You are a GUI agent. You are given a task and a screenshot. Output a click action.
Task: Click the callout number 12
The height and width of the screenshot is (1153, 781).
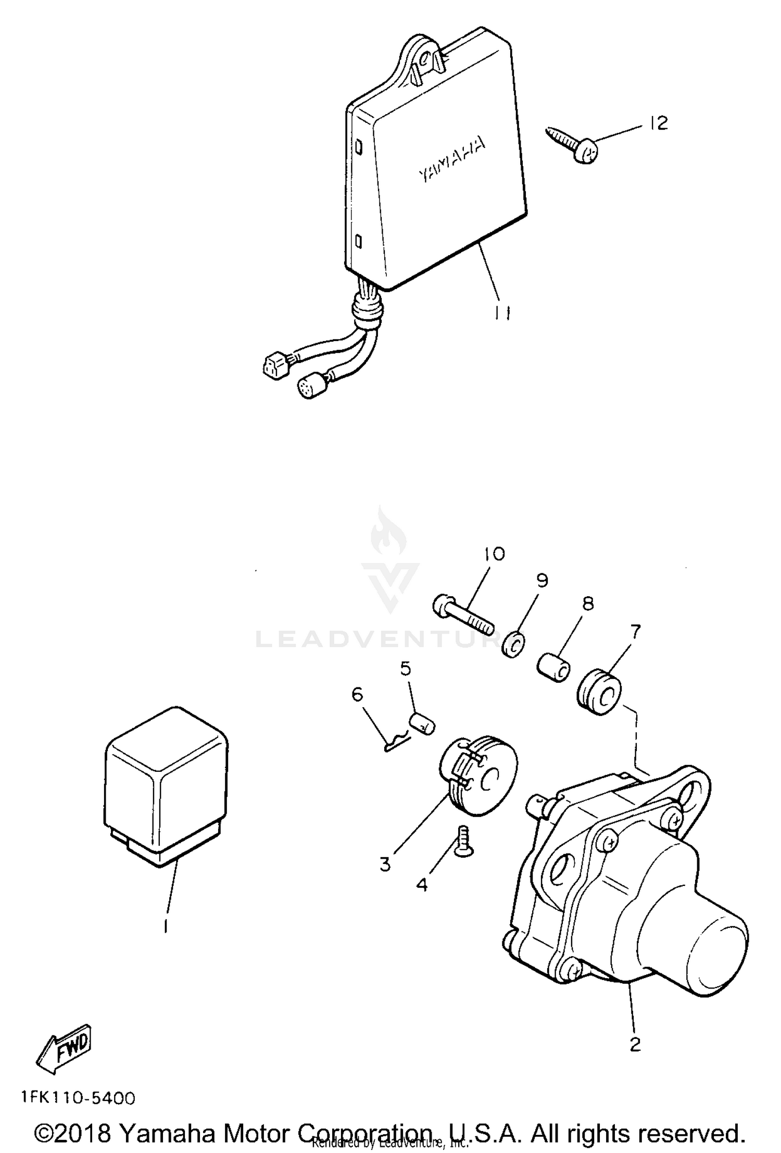(659, 123)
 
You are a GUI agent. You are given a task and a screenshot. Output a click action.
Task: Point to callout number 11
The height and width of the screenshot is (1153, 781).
(502, 312)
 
